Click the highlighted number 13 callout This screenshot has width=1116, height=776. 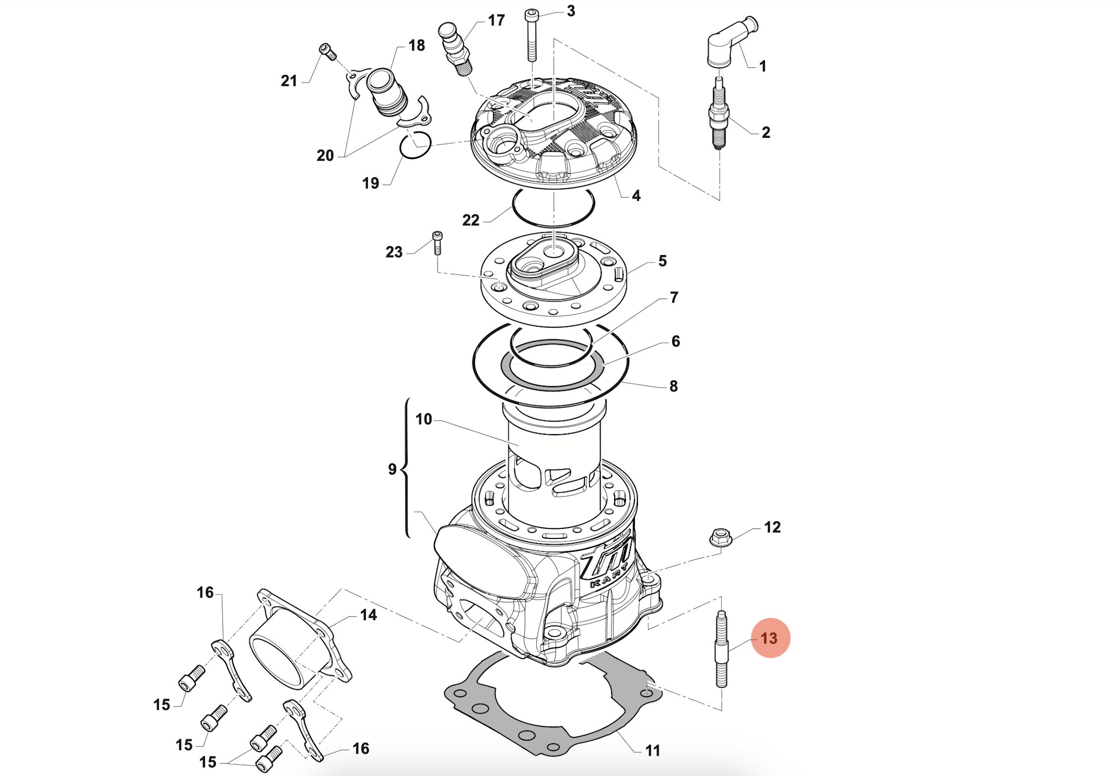(770, 638)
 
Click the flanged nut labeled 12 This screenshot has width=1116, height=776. (720, 537)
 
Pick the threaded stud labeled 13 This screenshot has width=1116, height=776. (721, 650)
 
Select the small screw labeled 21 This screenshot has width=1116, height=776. (328, 51)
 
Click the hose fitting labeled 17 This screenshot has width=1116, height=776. (455, 48)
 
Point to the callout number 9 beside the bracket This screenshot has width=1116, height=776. (392, 469)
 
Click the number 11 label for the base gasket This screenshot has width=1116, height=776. (652, 751)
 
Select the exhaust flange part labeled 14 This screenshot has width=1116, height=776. (298, 640)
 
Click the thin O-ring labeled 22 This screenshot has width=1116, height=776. (553, 207)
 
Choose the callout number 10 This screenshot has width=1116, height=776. (423, 419)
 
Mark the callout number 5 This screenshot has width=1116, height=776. (662, 261)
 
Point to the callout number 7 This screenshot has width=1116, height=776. (674, 297)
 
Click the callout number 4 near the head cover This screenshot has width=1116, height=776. (636, 195)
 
